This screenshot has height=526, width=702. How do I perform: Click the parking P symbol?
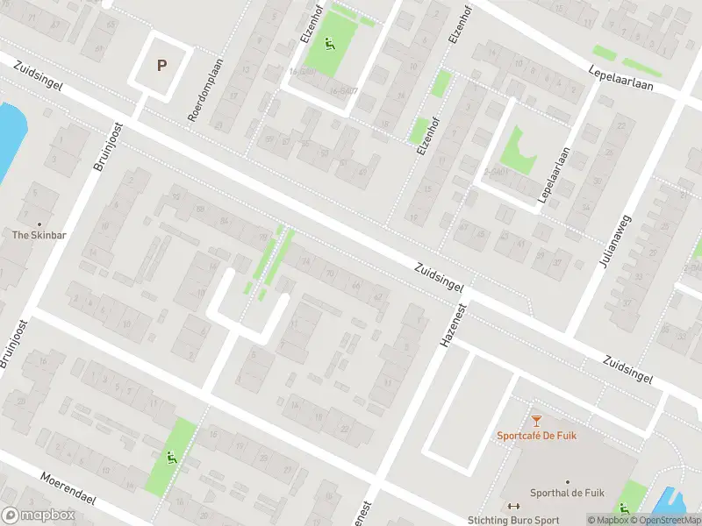coord(161,64)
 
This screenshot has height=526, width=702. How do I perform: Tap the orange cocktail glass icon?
coord(536,421)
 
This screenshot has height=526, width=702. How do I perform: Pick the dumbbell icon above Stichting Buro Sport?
coord(515,506)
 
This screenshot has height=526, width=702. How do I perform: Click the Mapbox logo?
coord(38,515)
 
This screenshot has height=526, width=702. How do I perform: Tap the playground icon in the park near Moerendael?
coord(170,456)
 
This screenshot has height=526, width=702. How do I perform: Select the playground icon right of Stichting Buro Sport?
coord(624,508)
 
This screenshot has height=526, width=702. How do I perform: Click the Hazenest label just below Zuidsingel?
coord(449,320)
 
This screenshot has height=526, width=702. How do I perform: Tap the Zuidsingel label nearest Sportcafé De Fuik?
coord(628,368)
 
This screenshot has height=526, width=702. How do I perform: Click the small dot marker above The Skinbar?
coord(39,223)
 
